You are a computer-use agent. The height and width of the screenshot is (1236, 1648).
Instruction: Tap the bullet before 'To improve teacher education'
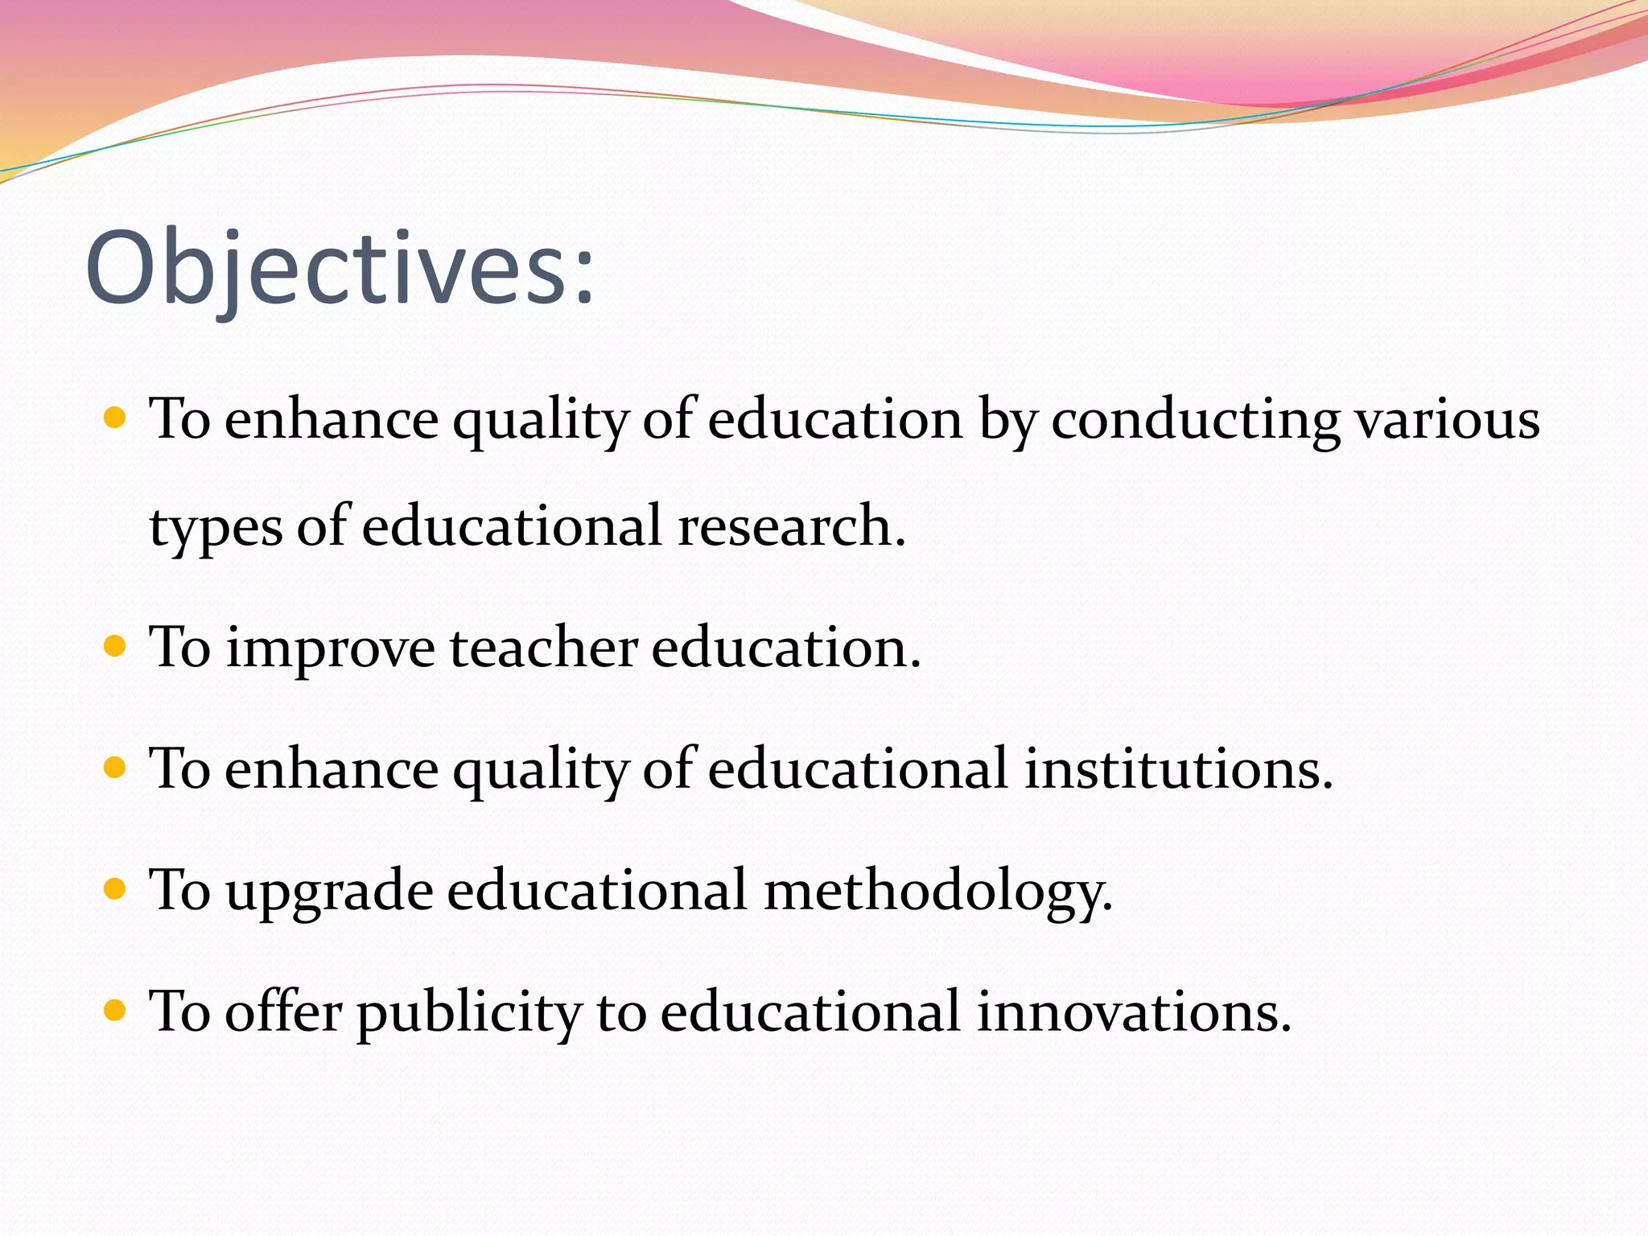(x=116, y=646)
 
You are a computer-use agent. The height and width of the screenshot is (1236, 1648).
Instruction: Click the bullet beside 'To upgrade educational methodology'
(x=116, y=889)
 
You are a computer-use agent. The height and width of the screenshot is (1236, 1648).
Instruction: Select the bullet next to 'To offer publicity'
(x=116, y=1010)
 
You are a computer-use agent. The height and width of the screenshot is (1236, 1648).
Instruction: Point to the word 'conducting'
(x=1195, y=420)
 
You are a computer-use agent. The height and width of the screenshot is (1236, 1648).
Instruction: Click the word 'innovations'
(x=1134, y=1011)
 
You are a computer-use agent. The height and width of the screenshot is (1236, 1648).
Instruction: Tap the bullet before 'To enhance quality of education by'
(x=116, y=418)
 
